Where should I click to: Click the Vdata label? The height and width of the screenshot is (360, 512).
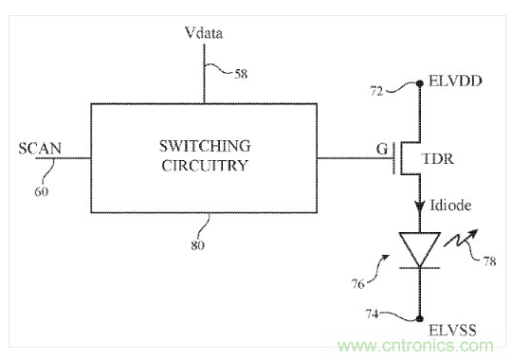tap(204, 33)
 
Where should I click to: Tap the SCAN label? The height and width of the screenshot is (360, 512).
tap(40, 149)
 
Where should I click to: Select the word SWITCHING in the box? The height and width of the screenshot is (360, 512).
tap(205, 146)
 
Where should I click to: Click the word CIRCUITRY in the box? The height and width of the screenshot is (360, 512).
tap(205, 166)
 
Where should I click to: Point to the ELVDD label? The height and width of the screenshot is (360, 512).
tap(455, 81)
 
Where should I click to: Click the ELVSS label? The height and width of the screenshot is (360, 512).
tap(452, 330)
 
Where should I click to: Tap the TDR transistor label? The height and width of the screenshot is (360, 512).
tap(437, 159)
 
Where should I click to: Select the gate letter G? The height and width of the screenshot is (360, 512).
tap(382, 149)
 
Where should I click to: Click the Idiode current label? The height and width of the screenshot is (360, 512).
tap(450, 206)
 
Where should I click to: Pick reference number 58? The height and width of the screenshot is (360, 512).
tap(241, 74)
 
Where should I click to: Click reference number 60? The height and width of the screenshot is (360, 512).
tap(41, 191)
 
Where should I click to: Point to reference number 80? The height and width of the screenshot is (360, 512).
tap(198, 245)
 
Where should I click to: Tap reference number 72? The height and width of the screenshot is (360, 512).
tap(376, 91)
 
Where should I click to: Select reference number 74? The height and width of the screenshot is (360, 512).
tap(372, 314)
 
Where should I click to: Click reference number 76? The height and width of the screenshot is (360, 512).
tap(357, 284)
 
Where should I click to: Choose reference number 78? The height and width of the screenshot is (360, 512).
tap(489, 261)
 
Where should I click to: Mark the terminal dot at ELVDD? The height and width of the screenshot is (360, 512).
tap(420, 83)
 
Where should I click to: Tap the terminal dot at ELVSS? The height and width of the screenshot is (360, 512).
tap(420, 318)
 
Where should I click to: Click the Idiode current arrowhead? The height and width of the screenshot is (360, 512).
tap(420, 207)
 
